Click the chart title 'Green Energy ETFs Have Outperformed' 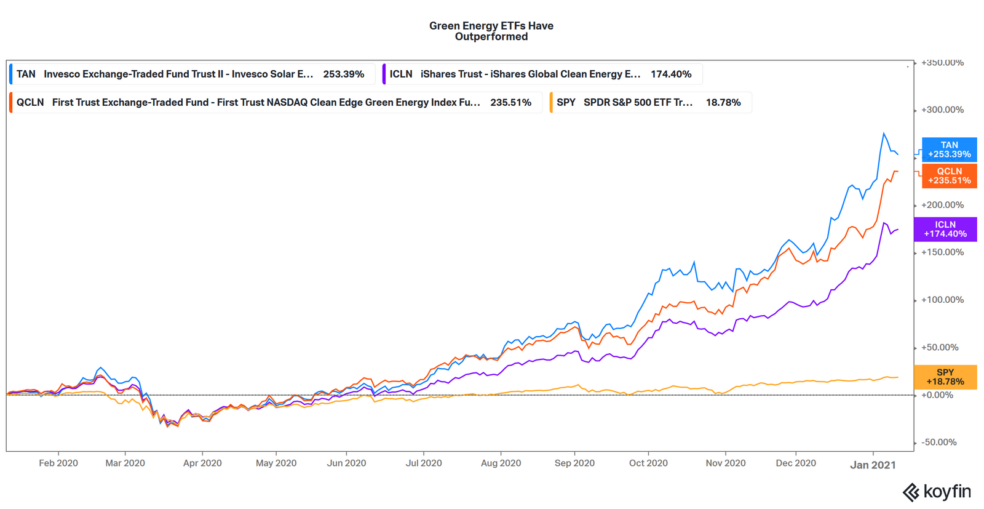pos(491,31)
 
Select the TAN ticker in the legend pos(26,74)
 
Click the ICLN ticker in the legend pos(401,74)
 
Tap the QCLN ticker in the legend pos(30,102)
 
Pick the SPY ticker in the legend pos(566,102)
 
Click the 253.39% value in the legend pos(343,74)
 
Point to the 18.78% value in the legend pos(723,102)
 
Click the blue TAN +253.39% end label pos(949,150)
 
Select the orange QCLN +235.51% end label pos(949,176)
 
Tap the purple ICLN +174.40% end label pos(945,229)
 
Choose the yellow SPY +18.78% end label pos(945,377)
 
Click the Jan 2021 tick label pos(873,465)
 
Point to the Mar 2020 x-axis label pos(125,463)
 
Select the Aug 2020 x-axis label pos(501,463)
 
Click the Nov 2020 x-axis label pos(725,463)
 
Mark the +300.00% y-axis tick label pos(942,110)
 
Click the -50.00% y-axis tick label pos(939,442)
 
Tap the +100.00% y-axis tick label pos(942,300)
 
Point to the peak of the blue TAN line pos(884,133)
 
